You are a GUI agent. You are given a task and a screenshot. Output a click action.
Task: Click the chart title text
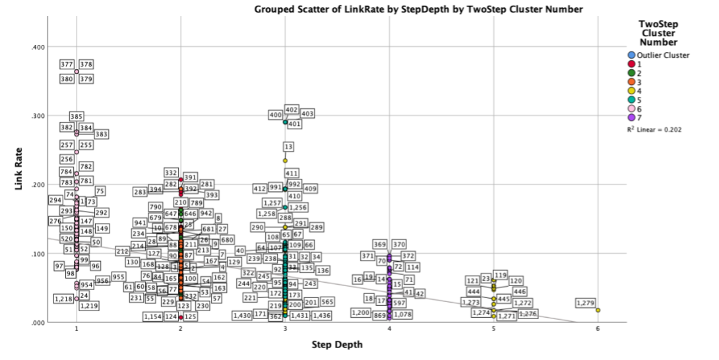[x=418, y=9]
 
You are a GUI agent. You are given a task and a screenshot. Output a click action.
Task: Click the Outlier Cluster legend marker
[x=632, y=55]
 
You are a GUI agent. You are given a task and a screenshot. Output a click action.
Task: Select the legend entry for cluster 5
[x=632, y=100]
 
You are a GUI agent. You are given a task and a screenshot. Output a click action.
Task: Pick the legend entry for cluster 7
[x=632, y=117]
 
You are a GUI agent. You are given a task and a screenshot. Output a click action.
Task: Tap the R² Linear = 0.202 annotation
[x=654, y=129]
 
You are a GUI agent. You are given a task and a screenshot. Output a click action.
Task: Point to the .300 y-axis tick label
[x=37, y=116]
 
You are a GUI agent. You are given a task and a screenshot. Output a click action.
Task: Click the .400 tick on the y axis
[x=37, y=47]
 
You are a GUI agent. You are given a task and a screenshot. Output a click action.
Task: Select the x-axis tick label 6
[x=598, y=329]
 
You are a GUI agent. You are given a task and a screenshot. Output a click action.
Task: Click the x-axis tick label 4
[x=389, y=329]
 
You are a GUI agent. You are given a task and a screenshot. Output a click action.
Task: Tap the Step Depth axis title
[x=336, y=345]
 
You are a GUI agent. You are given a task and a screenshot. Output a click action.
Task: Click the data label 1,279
[x=585, y=303]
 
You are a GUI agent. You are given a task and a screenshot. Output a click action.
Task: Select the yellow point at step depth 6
[x=598, y=310]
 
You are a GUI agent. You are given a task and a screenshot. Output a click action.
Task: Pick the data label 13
[x=288, y=146]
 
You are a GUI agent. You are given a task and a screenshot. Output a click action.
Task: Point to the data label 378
[x=86, y=65]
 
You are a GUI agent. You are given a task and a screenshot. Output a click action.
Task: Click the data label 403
[x=307, y=114]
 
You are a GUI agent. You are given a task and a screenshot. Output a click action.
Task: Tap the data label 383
[x=101, y=135]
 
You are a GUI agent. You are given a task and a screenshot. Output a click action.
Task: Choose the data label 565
[x=327, y=302]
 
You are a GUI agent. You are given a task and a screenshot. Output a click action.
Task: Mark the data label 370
[x=398, y=245]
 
